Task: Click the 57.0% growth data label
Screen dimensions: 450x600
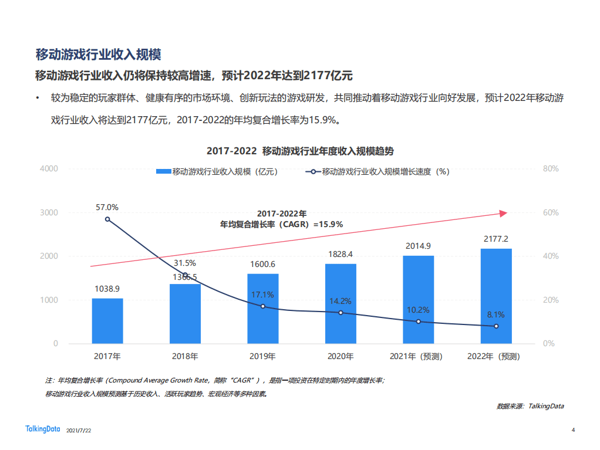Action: (x=107, y=207)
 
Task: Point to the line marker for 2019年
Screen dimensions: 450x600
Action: (x=262, y=306)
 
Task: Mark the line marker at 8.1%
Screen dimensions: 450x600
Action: (x=496, y=326)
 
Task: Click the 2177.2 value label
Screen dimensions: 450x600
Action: (x=496, y=239)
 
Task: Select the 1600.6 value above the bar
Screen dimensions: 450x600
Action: (x=262, y=264)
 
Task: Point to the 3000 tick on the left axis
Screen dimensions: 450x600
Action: (x=49, y=212)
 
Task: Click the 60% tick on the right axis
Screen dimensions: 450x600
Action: (x=550, y=212)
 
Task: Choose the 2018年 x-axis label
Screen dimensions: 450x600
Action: (x=185, y=356)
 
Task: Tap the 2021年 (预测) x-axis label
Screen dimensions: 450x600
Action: (x=418, y=356)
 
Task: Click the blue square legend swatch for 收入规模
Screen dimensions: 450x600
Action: (x=163, y=172)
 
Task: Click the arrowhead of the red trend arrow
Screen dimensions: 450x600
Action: (x=503, y=214)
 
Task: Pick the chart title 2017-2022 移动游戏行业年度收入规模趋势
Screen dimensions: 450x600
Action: (x=299, y=151)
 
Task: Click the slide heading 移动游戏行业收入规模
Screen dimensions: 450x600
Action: (x=98, y=55)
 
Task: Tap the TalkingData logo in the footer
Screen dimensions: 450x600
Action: (x=43, y=429)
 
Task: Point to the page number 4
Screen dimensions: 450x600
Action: (x=573, y=430)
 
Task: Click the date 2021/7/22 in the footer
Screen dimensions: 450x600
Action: (x=79, y=431)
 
